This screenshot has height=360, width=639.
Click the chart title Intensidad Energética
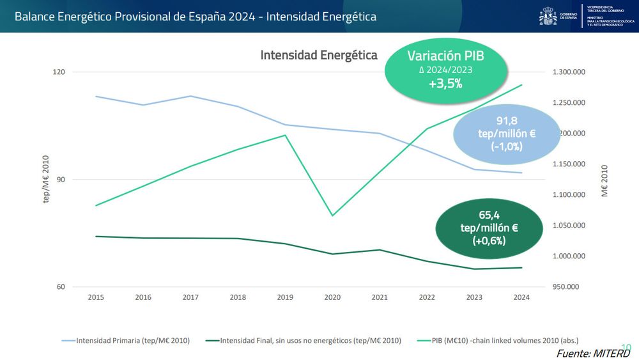pos(319,55)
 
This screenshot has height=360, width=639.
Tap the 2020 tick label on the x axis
pos(332,297)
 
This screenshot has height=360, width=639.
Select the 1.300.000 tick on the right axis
pos(569,72)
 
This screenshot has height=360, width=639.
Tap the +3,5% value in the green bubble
pos(445,84)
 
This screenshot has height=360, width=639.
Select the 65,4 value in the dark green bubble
pos(489,215)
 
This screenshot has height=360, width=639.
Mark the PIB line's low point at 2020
pos(332,215)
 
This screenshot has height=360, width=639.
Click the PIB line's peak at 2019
pos(285,135)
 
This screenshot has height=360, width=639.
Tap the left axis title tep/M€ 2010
pos(46,180)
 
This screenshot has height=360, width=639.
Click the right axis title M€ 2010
pos(604,180)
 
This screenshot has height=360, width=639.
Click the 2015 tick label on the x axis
pos(96,297)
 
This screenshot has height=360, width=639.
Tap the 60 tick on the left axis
pos(61,286)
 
